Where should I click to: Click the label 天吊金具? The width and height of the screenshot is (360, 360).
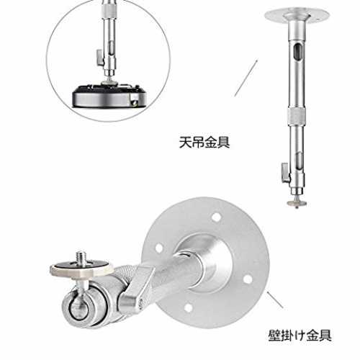[204, 142]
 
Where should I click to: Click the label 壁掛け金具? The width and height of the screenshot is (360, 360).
[300, 335]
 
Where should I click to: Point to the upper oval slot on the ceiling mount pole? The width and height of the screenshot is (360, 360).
[298, 53]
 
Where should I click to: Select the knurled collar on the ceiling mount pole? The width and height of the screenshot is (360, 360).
[297, 117]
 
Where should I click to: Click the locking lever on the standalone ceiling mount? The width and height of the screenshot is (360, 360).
[286, 173]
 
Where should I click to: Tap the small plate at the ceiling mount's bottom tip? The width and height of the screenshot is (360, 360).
[297, 203]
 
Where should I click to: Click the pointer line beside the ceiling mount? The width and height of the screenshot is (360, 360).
[246, 78]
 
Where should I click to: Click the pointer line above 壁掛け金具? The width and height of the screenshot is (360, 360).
[275, 300]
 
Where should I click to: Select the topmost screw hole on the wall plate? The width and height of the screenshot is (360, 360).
[217, 217]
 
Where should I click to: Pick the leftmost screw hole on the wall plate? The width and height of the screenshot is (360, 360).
[158, 248]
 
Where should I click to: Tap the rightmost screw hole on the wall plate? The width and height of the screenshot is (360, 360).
[248, 279]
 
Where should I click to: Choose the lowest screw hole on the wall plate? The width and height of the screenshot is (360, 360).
[189, 308]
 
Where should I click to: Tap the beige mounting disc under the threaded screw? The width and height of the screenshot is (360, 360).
[81, 269]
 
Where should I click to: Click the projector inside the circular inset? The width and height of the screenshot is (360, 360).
[109, 95]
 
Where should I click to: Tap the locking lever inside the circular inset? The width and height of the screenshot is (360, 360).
[100, 58]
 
